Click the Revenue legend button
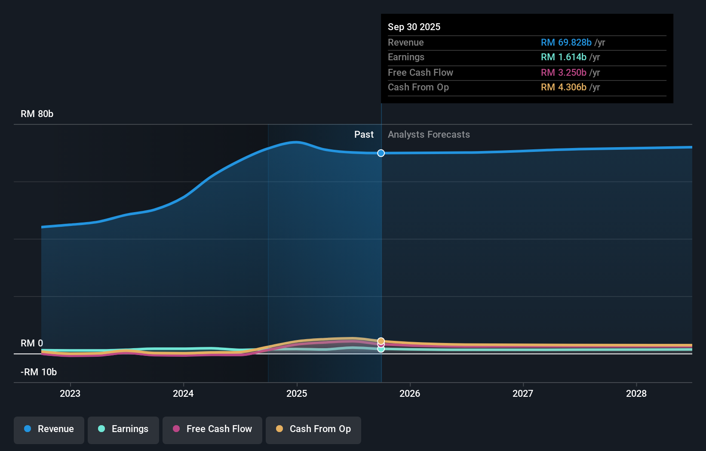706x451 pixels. (x=49, y=429)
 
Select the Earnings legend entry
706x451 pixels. (x=123, y=429)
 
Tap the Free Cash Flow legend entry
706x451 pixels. (x=212, y=429)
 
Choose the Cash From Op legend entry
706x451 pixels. (x=313, y=429)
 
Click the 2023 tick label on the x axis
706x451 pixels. (x=70, y=394)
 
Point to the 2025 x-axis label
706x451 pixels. (x=297, y=394)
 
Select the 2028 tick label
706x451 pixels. (x=636, y=394)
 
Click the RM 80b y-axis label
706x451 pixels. (x=37, y=114)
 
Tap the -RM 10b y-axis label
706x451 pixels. (x=39, y=372)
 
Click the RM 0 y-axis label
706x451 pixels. (x=32, y=343)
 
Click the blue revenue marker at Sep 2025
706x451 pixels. (x=381, y=153)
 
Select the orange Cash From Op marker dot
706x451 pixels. (x=381, y=341)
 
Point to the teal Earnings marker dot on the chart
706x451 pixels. (x=381, y=349)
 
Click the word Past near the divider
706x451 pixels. (x=364, y=135)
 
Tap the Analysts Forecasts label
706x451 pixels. (x=429, y=135)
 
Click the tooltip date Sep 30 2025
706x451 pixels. (x=414, y=27)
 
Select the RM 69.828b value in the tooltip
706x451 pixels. (x=566, y=43)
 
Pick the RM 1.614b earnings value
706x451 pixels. (x=563, y=57)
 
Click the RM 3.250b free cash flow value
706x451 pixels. (x=563, y=73)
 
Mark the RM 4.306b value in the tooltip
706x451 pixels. (x=563, y=87)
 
